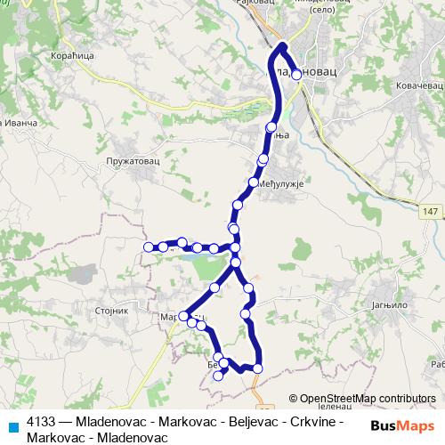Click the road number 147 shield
pos(430,211)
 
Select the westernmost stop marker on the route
pos(148,247)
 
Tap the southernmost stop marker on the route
pos(218,376)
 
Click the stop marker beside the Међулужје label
pos(254,182)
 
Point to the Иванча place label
pos(20,121)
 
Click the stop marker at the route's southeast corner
pos(258,368)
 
